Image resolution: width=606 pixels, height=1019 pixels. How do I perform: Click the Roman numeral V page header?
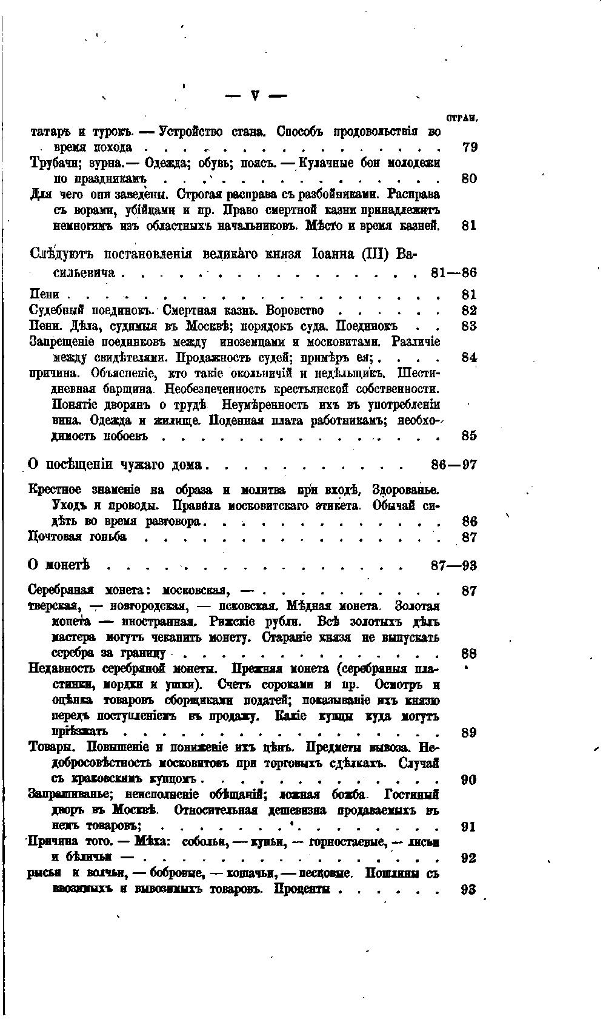click(255, 95)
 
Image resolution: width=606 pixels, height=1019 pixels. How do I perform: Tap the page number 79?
click(469, 147)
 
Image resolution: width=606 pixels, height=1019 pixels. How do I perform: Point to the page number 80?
click(469, 178)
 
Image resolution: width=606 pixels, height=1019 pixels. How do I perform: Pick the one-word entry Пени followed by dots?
click(44, 295)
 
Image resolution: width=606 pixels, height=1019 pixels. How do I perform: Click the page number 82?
click(469, 311)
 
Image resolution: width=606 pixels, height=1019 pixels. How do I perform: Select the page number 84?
click(469, 358)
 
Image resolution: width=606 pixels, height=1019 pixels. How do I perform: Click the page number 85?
click(469, 436)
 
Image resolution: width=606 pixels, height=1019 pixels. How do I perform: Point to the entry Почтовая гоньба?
click(78, 537)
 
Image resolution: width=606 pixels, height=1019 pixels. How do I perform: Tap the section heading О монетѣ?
click(59, 565)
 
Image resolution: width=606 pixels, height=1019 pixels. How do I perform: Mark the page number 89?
click(469, 732)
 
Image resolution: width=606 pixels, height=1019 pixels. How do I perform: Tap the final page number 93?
click(469, 890)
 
